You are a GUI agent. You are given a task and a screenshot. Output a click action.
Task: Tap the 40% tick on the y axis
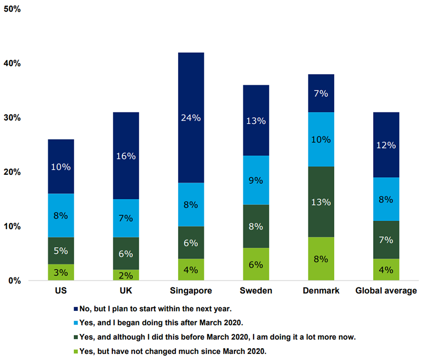[x=12, y=63]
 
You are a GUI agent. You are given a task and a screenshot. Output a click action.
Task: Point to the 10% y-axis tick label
[x=12, y=226]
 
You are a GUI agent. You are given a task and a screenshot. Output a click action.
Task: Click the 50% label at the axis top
[x=12, y=9]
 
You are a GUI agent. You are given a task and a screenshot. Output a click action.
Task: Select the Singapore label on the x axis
[x=190, y=291]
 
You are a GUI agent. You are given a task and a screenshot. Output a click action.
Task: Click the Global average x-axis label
[x=386, y=291]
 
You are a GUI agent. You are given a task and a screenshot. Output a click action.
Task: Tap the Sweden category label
[x=255, y=291]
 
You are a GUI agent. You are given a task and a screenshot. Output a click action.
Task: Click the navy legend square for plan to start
[x=76, y=309]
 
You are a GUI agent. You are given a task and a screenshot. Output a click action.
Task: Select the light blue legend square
[x=76, y=324]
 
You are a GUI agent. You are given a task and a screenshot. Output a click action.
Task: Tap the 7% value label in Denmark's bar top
[x=321, y=94]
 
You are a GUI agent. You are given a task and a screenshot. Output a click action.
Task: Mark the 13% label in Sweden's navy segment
[x=255, y=121]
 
